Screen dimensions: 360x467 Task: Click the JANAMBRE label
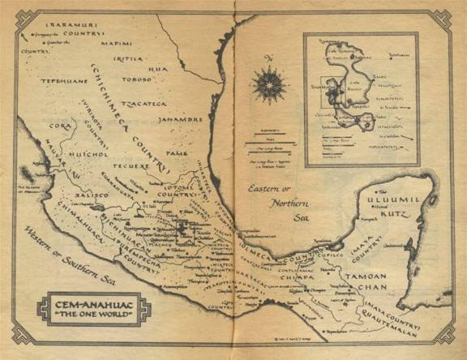pos(182,119)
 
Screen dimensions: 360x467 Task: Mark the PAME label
pos(175,152)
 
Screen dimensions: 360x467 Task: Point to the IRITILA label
pos(128,58)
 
